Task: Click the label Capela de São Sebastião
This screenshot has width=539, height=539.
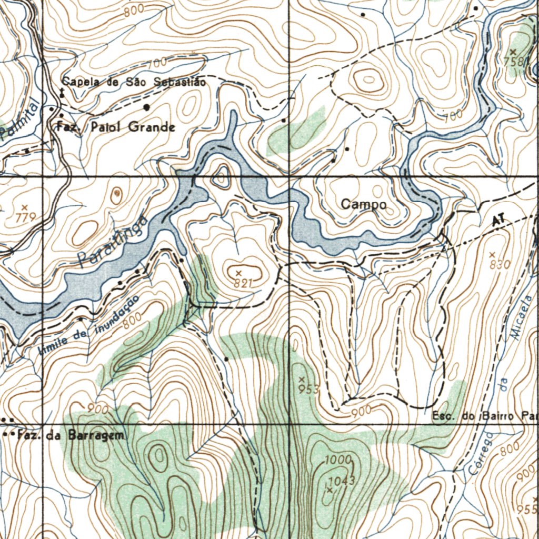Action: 134,82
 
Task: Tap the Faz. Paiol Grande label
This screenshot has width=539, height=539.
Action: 116,127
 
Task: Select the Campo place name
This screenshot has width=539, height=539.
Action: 364,204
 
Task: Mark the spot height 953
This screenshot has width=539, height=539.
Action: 309,389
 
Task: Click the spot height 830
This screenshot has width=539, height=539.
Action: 500,265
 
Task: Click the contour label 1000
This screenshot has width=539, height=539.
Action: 338,460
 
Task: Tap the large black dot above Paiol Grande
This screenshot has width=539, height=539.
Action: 146,107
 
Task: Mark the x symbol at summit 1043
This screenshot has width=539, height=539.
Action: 330,490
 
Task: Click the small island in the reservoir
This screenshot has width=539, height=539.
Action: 221,177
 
